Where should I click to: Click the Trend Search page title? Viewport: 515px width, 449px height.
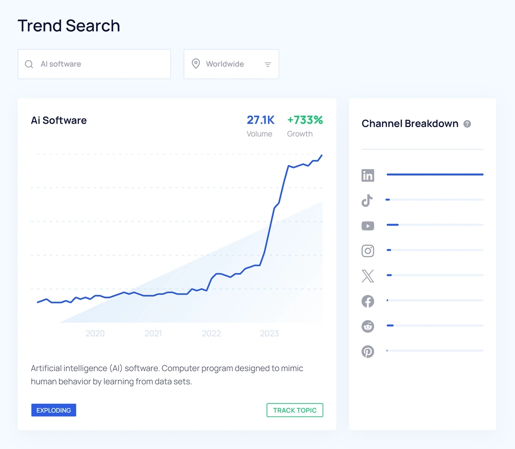tap(69, 26)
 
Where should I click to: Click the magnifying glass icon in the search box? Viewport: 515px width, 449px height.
tap(29, 64)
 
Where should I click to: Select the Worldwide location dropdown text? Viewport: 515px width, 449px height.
tap(225, 64)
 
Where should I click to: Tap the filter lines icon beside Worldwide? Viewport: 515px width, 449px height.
tap(268, 64)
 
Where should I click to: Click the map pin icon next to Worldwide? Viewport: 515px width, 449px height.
tap(196, 64)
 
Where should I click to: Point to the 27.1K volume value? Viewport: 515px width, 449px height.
tap(261, 120)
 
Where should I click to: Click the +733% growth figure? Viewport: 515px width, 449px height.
tap(305, 120)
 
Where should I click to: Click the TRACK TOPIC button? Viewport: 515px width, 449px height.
tap(295, 410)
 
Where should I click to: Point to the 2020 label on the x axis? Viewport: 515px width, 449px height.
tap(95, 334)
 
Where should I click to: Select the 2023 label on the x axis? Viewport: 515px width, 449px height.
tap(269, 334)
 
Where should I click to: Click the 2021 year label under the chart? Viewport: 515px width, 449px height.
tap(153, 334)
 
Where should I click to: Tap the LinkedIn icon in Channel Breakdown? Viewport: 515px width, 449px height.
tap(368, 175)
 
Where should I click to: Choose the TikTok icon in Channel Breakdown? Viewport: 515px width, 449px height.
tap(367, 200)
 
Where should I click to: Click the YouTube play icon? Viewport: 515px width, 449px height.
tap(368, 226)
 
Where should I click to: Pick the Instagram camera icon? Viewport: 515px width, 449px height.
tap(368, 251)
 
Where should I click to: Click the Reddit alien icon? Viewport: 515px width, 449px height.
tap(368, 326)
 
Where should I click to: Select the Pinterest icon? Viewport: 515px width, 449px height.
tap(368, 352)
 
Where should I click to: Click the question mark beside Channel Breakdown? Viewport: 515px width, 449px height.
tap(467, 124)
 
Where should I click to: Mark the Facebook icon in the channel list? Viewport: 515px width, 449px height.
tap(368, 301)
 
